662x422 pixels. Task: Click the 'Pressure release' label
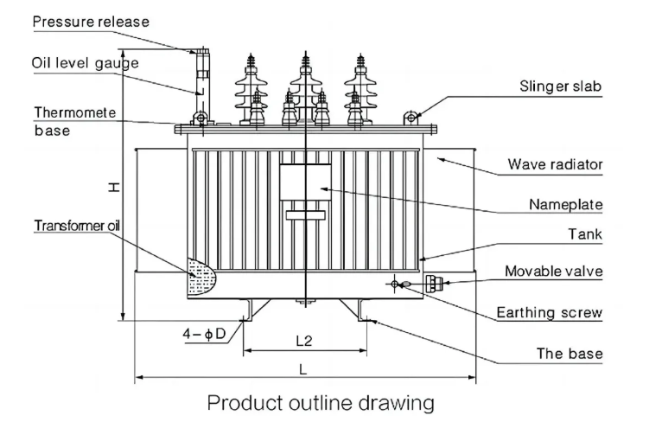pos(91,21)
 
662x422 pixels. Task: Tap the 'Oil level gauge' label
pos(86,63)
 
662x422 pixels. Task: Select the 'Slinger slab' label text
pos(560,86)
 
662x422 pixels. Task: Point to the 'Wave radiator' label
pos(566,163)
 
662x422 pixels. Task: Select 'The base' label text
pos(569,354)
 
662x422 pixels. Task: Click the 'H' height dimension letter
pos(114,187)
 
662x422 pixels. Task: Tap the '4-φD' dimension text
pos(205,333)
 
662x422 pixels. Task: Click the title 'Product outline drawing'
pos(320,402)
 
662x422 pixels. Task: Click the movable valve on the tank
pos(432,281)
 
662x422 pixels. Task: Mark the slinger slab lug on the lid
pos(412,115)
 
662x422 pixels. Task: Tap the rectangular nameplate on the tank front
pos(304,186)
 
